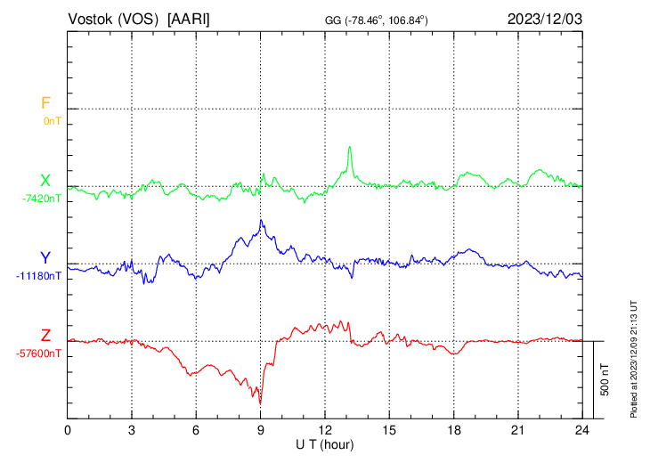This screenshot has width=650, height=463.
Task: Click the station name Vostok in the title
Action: (x=90, y=19)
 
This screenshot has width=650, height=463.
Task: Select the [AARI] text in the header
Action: (x=190, y=19)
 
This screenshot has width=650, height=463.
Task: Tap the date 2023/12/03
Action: (x=543, y=19)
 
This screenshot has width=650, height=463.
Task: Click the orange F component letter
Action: (x=45, y=103)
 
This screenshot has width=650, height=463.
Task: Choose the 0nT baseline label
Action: (x=52, y=120)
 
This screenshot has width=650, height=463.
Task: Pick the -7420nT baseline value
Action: (x=43, y=199)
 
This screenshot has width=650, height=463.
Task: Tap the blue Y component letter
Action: (x=45, y=258)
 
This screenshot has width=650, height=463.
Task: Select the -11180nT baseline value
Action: (x=39, y=276)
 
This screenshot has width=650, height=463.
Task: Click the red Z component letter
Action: (x=45, y=336)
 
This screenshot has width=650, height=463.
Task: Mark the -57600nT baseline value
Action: (x=39, y=353)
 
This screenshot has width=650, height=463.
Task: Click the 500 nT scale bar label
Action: (x=605, y=379)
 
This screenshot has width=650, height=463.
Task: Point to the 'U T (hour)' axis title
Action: (x=325, y=443)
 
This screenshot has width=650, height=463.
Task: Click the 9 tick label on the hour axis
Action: (x=261, y=429)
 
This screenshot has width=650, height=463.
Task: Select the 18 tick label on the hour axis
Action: (x=453, y=429)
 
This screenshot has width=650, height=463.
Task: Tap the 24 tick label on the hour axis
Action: (x=581, y=429)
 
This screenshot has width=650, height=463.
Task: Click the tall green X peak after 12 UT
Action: (x=350, y=147)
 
